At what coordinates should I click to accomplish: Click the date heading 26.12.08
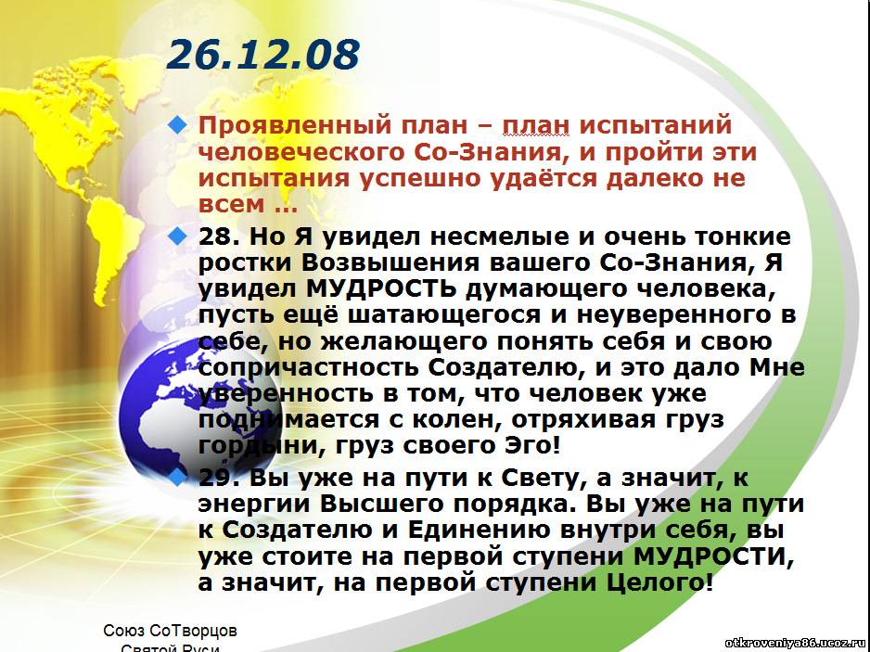(263, 55)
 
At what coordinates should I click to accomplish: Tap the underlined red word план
(535, 125)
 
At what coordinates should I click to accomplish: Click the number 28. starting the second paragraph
(219, 237)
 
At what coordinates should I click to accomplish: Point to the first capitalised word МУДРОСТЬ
(381, 289)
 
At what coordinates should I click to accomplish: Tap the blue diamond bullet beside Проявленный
(178, 124)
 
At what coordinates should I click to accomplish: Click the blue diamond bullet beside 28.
(178, 236)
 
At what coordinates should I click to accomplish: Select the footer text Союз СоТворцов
(171, 631)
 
